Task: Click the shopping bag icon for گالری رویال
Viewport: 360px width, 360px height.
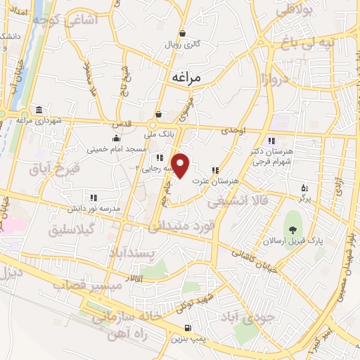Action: coord(183,32)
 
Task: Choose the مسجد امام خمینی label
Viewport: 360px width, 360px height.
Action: coord(116,149)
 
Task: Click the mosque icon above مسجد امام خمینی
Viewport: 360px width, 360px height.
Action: coord(117,138)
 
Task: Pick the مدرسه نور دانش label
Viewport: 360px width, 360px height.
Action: coord(94,209)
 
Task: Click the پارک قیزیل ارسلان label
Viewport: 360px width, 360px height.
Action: coord(308,240)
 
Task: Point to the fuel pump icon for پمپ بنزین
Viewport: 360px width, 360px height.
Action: coord(186,328)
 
